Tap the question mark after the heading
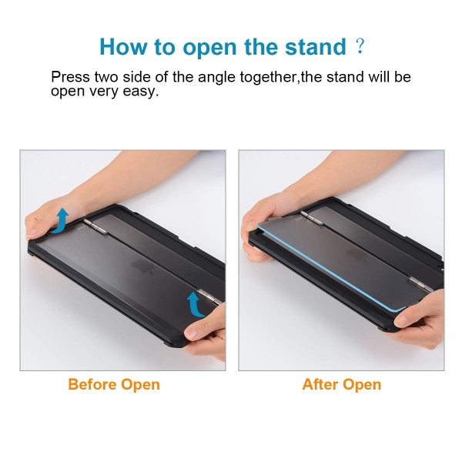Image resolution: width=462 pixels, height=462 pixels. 360,46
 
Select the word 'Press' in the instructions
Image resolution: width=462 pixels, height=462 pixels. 70,77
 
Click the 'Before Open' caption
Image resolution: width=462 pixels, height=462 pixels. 114,384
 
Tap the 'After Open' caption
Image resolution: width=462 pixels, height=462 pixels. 341,384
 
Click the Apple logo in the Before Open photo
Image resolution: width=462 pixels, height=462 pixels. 142,266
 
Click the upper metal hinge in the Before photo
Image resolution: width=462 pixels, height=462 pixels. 95,226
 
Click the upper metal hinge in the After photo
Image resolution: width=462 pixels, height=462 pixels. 312,219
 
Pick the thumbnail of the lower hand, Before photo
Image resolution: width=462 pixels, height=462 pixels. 192,333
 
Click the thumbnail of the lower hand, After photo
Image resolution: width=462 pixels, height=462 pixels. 401,320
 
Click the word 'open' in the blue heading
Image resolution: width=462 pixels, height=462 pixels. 209,48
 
